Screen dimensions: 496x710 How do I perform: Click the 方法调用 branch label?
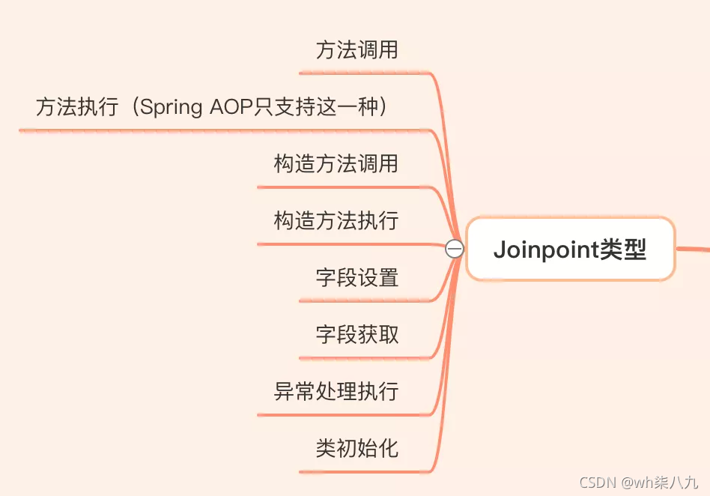pos(356,51)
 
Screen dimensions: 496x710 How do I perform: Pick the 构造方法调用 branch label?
pos(336,164)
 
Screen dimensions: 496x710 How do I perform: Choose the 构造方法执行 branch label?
pos(336,221)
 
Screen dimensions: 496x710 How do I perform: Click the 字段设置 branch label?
pos(356,278)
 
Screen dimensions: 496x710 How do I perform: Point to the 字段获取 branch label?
pos(356,334)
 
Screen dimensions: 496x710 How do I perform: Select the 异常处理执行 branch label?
pos(336,391)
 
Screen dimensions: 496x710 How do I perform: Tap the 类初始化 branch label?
pos(356,448)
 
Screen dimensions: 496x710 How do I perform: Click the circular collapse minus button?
pos(455,249)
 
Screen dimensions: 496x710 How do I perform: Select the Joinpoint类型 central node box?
pos(570,249)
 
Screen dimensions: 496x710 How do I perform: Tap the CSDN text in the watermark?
pos(597,483)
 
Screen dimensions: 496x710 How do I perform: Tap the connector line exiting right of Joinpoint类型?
pos(693,249)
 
